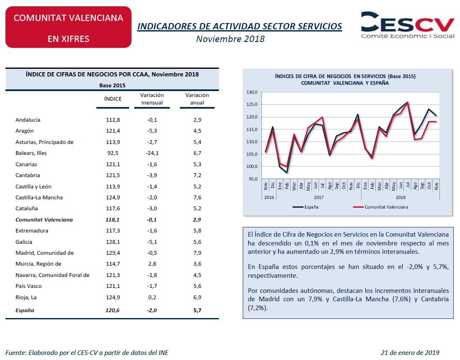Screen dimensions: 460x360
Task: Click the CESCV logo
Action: [x=408, y=25]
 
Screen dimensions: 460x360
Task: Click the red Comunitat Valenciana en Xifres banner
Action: [x=68, y=27]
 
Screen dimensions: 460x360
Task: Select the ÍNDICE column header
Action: [x=113, y=99]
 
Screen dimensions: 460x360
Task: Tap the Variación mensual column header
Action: [x=152, y=99]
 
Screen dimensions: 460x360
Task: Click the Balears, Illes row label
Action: [x=31, y=153]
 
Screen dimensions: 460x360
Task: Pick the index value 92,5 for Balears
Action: [x=113, y=153]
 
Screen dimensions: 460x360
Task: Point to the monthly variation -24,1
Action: [x=152, y=153]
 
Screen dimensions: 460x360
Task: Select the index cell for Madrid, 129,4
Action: [x=113, y=253]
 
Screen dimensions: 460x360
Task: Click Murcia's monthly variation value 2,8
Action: [x=152, y=263]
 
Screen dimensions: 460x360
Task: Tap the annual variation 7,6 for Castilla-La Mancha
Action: [x=197, y=197]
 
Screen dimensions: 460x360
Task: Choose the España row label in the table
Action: [x=25, y=310]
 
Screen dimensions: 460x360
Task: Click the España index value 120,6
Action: [x=113, y=310]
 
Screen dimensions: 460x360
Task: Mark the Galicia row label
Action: [x=24, y=242]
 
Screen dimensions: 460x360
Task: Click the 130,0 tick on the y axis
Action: [x=252, y=92]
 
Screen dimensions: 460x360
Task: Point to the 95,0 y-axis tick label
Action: [x=253, y=179]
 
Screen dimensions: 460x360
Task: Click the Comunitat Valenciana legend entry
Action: [x=380, y=207]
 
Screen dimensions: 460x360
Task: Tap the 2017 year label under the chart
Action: [x=319, y=197]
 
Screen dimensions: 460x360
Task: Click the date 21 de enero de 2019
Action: [x=410, y=353]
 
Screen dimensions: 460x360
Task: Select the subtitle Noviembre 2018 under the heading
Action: [x=230, y=39]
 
